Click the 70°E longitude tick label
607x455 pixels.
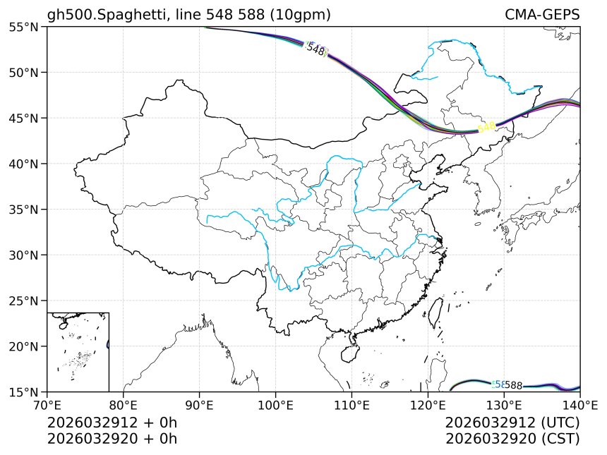(47, 406)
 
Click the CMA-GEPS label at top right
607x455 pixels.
(542, 15)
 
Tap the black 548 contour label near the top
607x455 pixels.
(315, 50)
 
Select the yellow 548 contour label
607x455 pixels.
(486, 127)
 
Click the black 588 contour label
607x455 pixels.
(513, 385)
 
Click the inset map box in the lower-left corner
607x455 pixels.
(78, 351)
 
